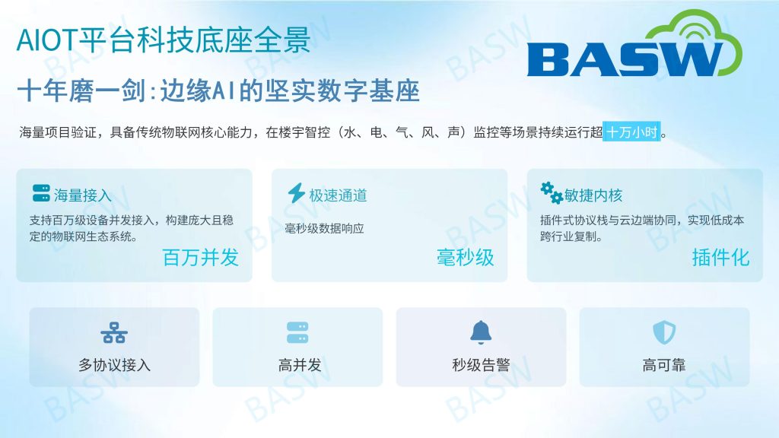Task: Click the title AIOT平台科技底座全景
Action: click(x=164, y=40)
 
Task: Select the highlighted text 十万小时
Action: click(x=632, y=132)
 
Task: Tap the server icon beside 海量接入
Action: click(x=41, y=193)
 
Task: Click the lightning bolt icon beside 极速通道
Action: click(x=297, y=193)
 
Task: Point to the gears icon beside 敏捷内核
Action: click(x=552, y=193)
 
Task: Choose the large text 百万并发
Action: click(x=201, y=258)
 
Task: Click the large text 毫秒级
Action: click(x=466, y=258)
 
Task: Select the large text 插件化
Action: click(x=721, y=258)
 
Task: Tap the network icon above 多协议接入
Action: click(x=114, y=333)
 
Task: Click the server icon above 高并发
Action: click(x=297, y=333)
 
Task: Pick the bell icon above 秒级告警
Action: click(x=481, y=332)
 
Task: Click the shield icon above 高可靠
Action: click(x=664, y=332)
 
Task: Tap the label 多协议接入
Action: click(x=114, y=366)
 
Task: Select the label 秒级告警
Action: click(x=481, y=366)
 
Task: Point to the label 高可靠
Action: click(x=664, y=366)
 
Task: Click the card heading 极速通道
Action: click(x=339, y=195)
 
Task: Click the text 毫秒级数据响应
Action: click(x=324, y=228)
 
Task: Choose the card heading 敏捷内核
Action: click(x=593, y=195)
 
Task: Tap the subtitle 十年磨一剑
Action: click(x=82, y=91)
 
